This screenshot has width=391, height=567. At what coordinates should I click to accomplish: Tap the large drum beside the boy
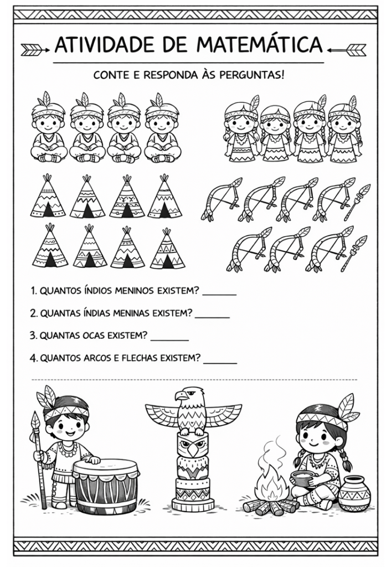(x=106, y=484)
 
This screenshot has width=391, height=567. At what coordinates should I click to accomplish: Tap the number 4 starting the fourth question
(x=33, y=358)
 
